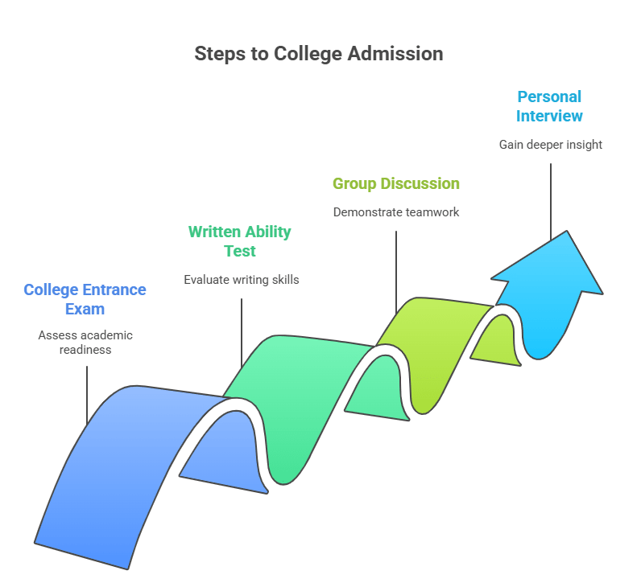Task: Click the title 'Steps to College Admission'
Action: point(319,54)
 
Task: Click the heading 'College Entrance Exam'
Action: point(85,299)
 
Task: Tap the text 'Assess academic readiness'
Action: point(85,343)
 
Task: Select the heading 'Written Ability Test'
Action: point(239,241)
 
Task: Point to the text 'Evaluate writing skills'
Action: point(242,280)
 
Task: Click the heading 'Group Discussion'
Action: point(396,183)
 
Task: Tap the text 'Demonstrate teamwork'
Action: point(396,212)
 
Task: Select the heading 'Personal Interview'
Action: point(549,106)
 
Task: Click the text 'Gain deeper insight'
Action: point(550,145)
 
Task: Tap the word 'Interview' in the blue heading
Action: point(549,116)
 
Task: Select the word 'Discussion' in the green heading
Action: point(420,183)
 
